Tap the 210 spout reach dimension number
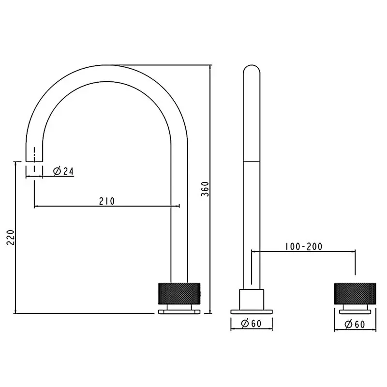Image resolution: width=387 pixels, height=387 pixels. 106,201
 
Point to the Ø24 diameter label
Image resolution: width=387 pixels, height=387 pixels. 63,171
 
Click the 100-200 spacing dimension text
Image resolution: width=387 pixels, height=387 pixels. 303,246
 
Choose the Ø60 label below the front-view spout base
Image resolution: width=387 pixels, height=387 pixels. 252,324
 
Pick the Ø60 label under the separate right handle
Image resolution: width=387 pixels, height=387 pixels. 355,324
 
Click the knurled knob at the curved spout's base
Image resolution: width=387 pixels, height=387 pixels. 179,293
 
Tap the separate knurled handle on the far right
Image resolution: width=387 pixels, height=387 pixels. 355,293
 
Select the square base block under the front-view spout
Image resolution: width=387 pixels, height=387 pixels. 252,298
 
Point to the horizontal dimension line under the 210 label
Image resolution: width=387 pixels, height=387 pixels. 106,207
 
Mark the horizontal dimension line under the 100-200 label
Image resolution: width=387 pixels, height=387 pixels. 303,252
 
